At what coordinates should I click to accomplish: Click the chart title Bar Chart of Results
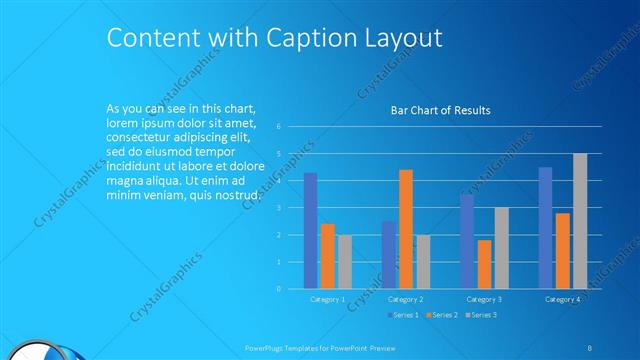click(x=440, y=110)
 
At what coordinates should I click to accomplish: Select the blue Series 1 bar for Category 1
click(x=310, y=230)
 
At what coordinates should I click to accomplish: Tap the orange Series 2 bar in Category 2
click(x=405, y=229)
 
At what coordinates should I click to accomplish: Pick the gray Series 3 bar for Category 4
click(x=580, y=221)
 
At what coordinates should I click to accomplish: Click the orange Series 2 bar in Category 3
click(x=484, y=264)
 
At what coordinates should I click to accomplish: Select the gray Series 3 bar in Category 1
click(x=344, y=262)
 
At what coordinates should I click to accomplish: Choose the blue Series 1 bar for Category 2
click(x=388, y=255)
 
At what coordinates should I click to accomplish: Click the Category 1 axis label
click(x=327, y=299)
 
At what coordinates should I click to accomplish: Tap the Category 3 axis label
click(x=485, y=299)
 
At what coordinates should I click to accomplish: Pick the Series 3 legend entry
click(x=481, y=315)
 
